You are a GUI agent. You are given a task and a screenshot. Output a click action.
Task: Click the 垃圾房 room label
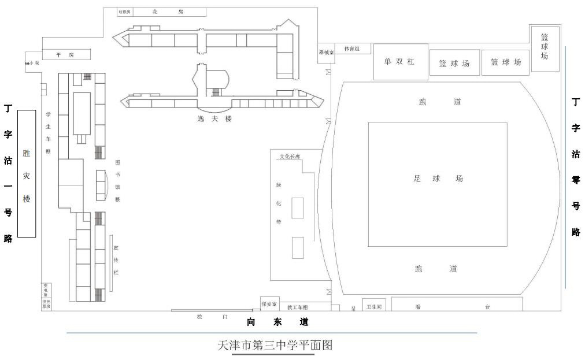tap(125, 12)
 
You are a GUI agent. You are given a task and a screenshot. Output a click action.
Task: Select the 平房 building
tap(66, 54)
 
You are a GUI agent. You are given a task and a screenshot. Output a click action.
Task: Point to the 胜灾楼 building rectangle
tap(27, 173)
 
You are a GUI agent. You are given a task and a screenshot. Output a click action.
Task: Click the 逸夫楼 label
tap(214, 118)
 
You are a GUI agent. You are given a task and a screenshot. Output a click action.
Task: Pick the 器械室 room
tap(326, 52)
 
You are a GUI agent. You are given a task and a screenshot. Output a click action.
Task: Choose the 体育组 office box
tap(352, 49)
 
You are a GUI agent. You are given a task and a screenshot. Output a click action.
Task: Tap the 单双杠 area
tap(400, 61)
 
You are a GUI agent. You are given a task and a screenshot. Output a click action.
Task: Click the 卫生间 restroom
tap(373, 306)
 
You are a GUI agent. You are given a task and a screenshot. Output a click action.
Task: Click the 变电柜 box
tap(46, 289)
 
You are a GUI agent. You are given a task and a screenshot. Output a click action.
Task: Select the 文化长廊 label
tap(291, 156)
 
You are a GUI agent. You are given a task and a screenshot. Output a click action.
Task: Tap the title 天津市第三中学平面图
tap(275, 346)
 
